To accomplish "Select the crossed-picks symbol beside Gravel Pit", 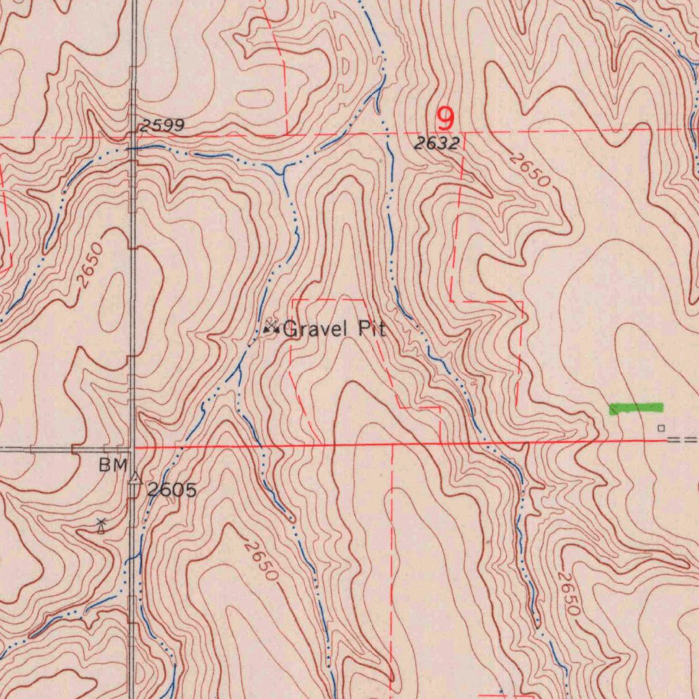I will (271, 328).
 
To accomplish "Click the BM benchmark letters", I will (113, 466).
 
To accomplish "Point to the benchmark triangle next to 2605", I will (136, 479).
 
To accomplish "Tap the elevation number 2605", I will (172, 489).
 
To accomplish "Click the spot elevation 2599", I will (162, 126).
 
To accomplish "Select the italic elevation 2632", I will (437, 143).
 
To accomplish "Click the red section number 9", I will (445, 119).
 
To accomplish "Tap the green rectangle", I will (636, 408).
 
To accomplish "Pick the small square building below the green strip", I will (660, 428).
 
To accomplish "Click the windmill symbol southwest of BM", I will (101, 526).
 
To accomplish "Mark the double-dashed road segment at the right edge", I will (683, 440).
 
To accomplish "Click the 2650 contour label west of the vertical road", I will (90, 265).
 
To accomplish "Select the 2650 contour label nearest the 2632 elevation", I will (530, 171).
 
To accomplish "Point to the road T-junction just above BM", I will (133, 449).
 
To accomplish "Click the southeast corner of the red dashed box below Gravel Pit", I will (439, 409).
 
